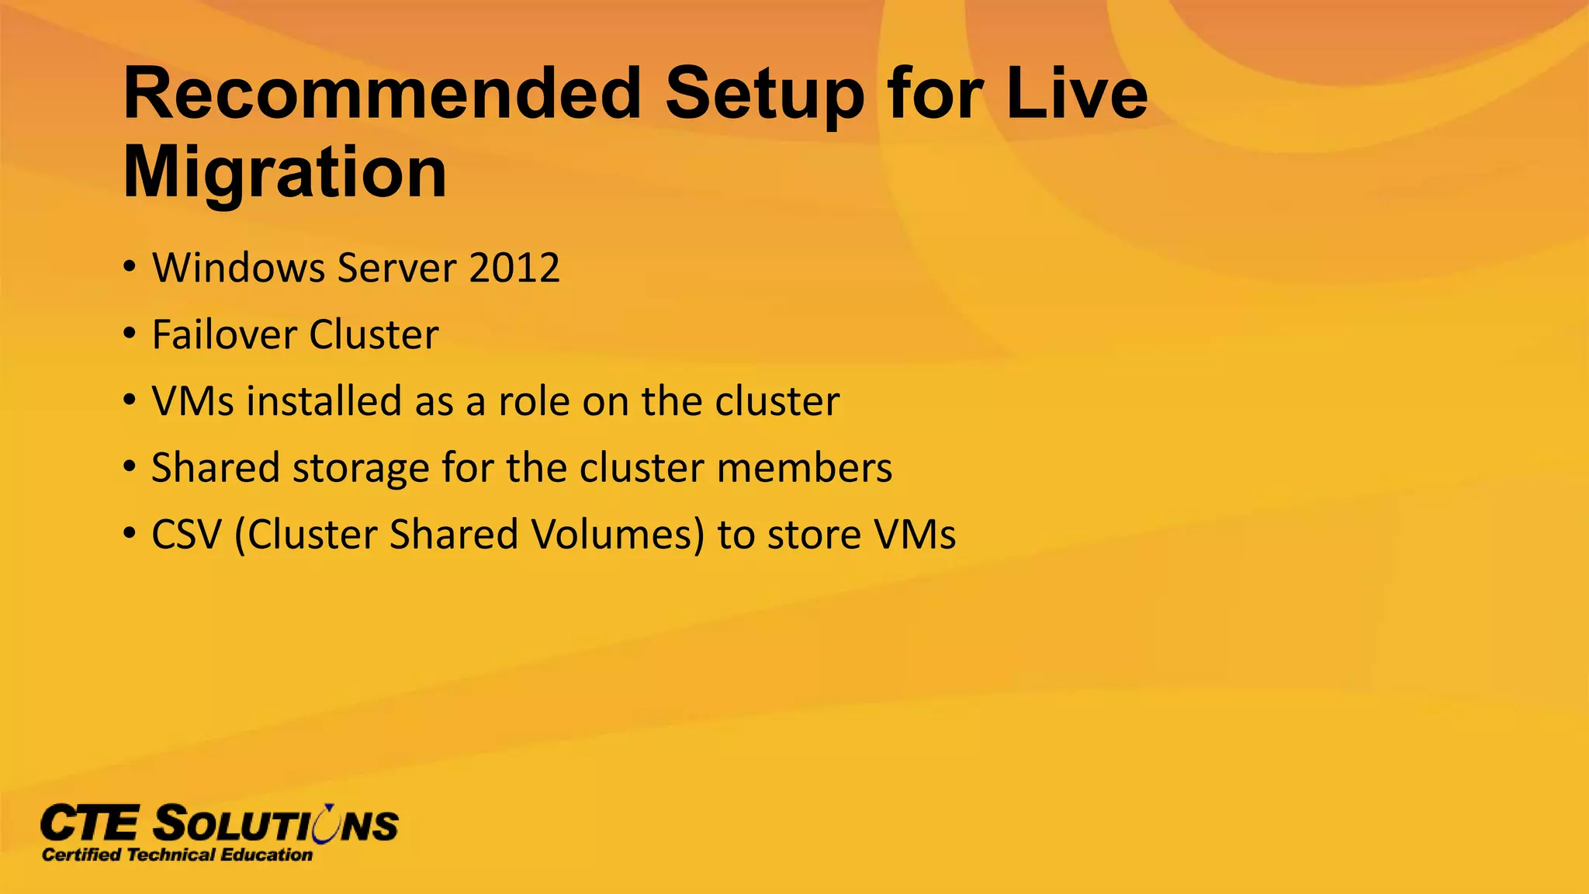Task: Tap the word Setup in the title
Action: click(x=763, y=94)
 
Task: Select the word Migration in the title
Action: click(x=285, y=172)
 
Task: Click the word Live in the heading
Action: click(x=1075, y=94)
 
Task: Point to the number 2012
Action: click(x=514, y=269)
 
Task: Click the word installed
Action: click(x=324, y=402)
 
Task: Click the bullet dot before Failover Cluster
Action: click(x=130, y=335)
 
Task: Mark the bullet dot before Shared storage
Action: click(x=130, y=469)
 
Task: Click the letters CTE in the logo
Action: click(x=89, y=824)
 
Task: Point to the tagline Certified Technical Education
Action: click(x=177, y=855)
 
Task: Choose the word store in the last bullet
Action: click(x=813, y=535)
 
